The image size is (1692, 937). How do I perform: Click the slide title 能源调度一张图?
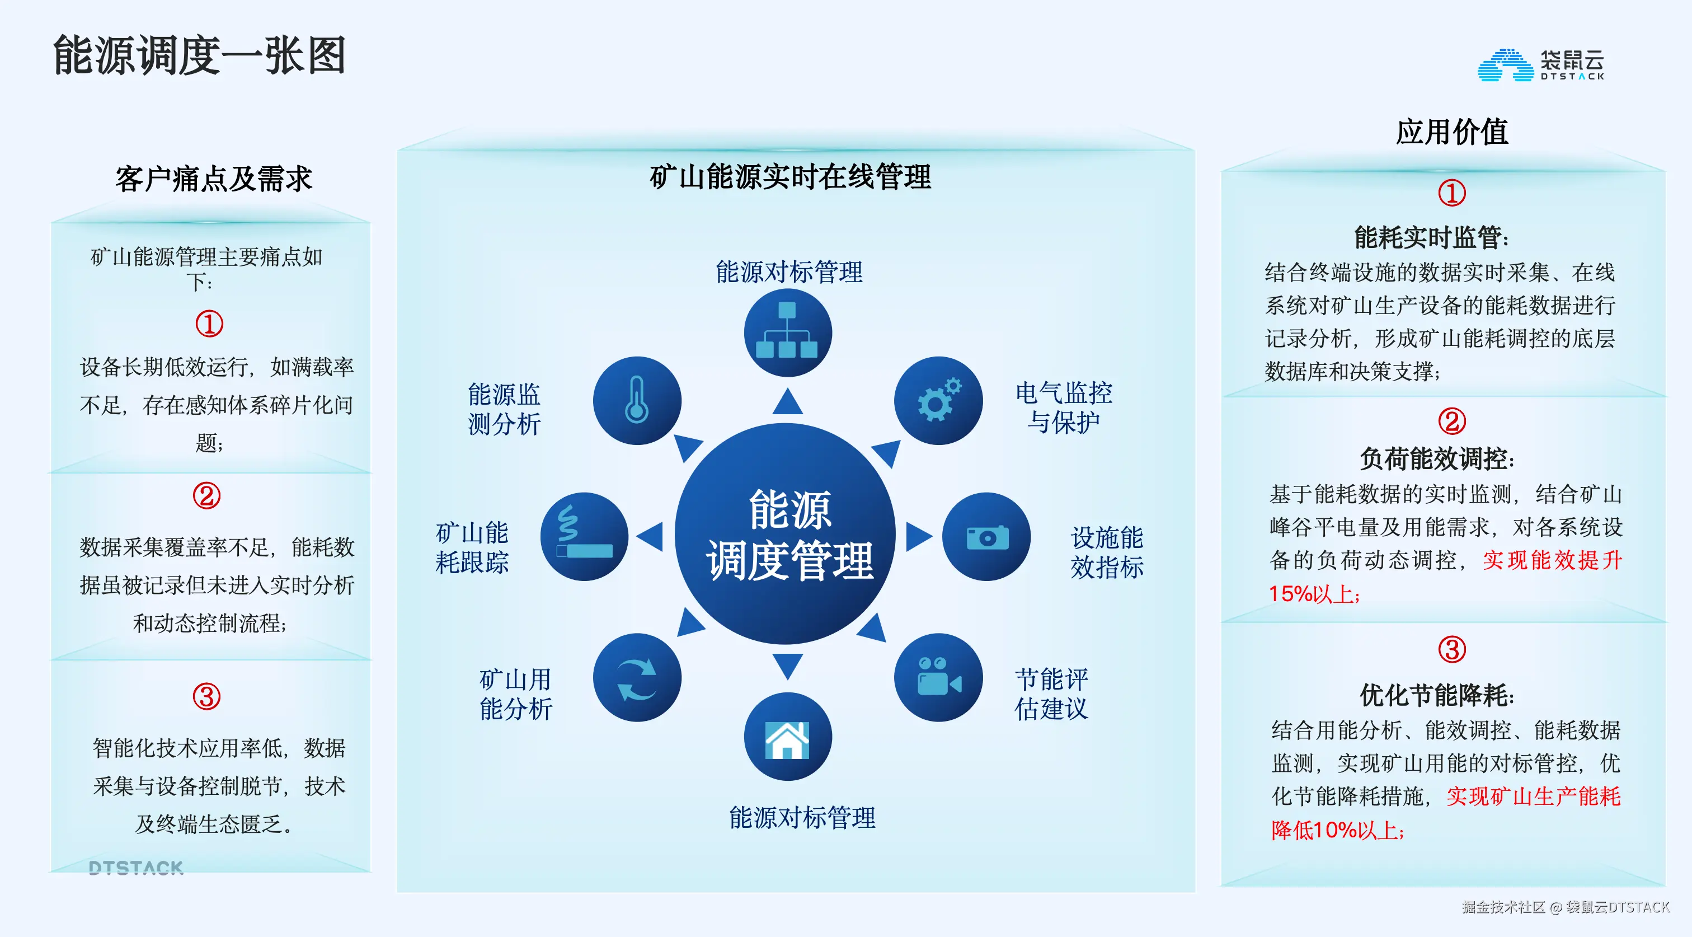click(x=199, y=56)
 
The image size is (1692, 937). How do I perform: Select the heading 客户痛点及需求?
click(x=214, y=179)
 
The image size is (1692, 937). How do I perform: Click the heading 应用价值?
click(x=1451, y=132)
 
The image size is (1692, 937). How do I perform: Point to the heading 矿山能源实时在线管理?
click(x=790, y=177)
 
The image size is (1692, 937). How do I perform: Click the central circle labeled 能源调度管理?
click(x=786, y=533)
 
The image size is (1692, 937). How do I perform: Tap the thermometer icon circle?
click(x=637, y=400)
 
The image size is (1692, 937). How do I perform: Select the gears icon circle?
click(x=938, y=400)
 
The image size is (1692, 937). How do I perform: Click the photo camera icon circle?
click(x=986, y=537)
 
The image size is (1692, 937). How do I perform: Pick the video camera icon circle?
click(x=938, y=677)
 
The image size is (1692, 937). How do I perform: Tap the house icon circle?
click(x=788, y=737)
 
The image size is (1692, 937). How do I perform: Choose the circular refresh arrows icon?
click(x=637, y=677)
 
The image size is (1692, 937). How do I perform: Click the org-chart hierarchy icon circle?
click(x=788, y=332)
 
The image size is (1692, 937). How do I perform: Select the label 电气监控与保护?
click(x=1064, y=407)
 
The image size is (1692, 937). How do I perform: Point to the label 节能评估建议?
click(x=1051, y=694)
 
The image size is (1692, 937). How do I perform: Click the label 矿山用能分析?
click(x=516, y=694)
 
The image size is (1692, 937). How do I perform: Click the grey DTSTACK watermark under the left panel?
click(x=136, y=868)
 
